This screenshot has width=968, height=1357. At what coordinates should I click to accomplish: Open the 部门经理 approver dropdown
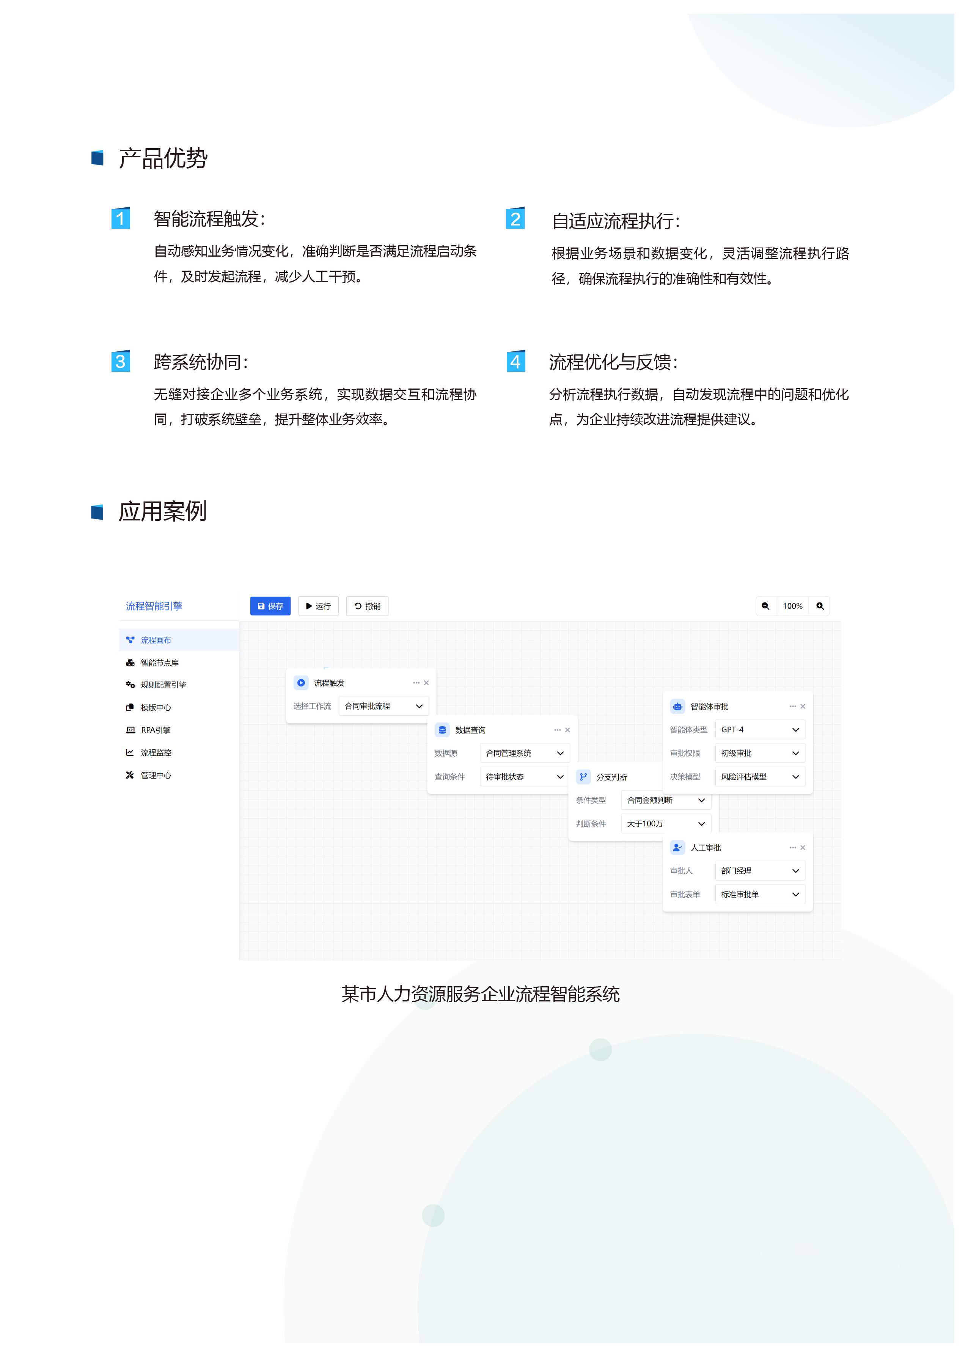[x=760, y=871]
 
